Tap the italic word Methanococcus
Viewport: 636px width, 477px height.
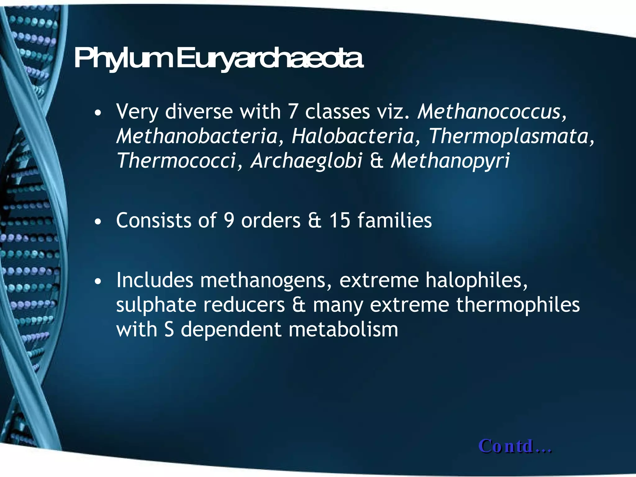click(x=489, y=111)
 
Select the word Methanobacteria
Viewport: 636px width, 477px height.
click(x=197, y=136)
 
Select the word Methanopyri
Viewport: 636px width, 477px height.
click(x=450, y=161)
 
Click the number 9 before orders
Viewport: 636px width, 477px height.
click(x=229, y=220)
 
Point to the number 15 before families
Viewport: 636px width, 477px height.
click(x=340, y=220)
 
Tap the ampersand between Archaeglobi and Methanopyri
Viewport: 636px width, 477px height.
click(x=376, y=161)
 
